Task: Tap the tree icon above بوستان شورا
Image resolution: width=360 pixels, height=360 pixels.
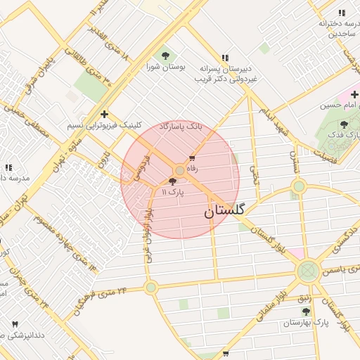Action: (166, 55)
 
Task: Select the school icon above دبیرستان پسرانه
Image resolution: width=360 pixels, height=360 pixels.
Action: (225, 58)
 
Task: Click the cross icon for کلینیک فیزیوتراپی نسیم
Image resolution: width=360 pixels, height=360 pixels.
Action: (104, 114)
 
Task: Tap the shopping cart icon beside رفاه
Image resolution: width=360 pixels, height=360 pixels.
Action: (192, 158)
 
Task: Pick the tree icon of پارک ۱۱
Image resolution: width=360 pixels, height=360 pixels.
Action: (173, 181)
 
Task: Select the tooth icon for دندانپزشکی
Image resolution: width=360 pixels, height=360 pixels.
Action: (15, 323)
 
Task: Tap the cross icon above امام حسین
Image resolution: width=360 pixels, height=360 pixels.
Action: (354, 94)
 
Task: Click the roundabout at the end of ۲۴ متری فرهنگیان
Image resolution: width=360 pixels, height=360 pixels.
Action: (150, 287)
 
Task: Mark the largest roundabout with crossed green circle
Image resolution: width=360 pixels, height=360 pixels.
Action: (307, 271)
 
